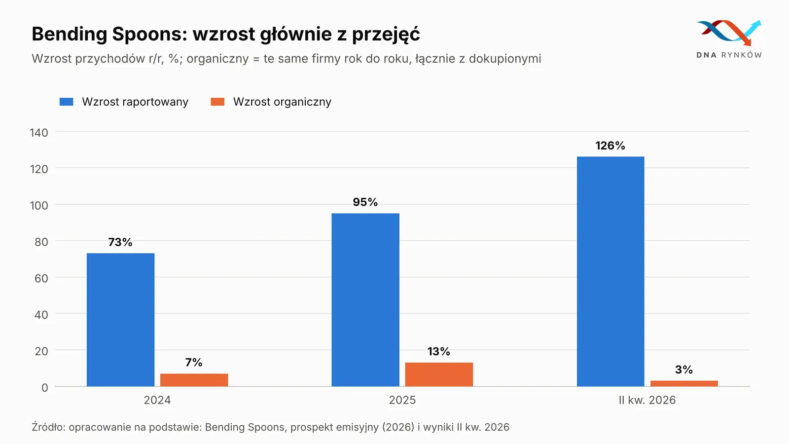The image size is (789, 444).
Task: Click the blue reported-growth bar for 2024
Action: (120, 320)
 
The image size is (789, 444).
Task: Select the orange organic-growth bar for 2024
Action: (194, 380)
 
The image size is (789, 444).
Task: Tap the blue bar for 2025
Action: (365, 300)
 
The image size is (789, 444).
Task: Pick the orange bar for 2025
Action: (439, 374)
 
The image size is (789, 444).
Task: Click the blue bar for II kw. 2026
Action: (610, 271)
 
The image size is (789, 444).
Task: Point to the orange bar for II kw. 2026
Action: (684, 383)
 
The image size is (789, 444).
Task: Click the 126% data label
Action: (610, 146)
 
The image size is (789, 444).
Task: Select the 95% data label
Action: (365, 202)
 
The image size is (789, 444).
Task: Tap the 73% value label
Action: (120, 242)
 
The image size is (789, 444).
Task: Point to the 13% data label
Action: (439, 351)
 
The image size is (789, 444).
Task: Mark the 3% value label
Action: (683, 370)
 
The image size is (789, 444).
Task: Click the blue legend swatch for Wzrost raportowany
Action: (66, 102)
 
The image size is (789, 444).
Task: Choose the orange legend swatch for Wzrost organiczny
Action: (217, 102)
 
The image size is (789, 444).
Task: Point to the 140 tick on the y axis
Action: (39, 133)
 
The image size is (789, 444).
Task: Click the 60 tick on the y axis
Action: (41, 278)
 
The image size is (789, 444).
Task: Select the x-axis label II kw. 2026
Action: (647, 400)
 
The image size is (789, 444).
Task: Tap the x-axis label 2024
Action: (157, 400)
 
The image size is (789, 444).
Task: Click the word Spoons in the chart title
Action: (149, 34)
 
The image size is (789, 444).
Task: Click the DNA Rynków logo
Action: (729, 39)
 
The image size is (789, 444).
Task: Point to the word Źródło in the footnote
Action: (49, 427)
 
